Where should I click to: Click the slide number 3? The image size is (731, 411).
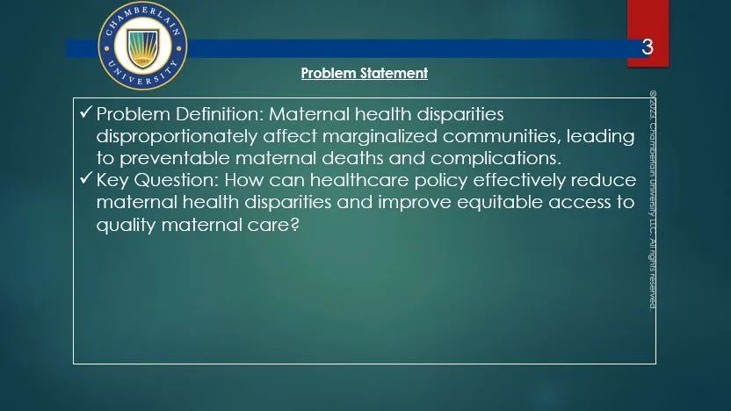point(647,47)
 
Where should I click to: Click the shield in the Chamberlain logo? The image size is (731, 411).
point(143,47)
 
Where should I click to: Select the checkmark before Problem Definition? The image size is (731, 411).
point(86,112)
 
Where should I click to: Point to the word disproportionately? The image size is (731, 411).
point(177,136)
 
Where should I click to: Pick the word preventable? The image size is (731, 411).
point(175,158)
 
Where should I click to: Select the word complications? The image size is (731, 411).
point(496,158)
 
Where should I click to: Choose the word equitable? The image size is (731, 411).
point(500,203)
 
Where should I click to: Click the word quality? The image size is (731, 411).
point(126,226)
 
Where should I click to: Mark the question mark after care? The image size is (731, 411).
point(294,225)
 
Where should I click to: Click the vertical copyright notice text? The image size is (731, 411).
point(653,200)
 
